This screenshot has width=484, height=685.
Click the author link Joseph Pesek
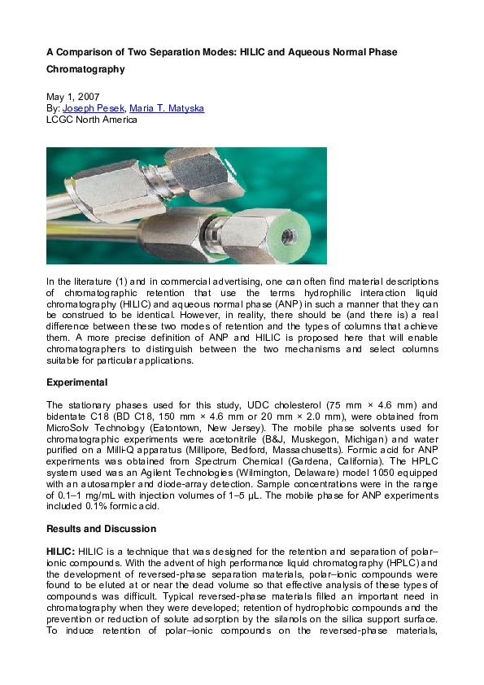pos(91,107)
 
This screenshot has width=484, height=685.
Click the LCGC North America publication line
pos(92,119)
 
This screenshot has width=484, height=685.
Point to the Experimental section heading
pos(76,382)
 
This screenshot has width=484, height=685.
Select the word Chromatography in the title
pos(85,69)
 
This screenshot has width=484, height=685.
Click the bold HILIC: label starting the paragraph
pos(61,551)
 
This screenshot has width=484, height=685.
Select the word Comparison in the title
pos(84,52)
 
